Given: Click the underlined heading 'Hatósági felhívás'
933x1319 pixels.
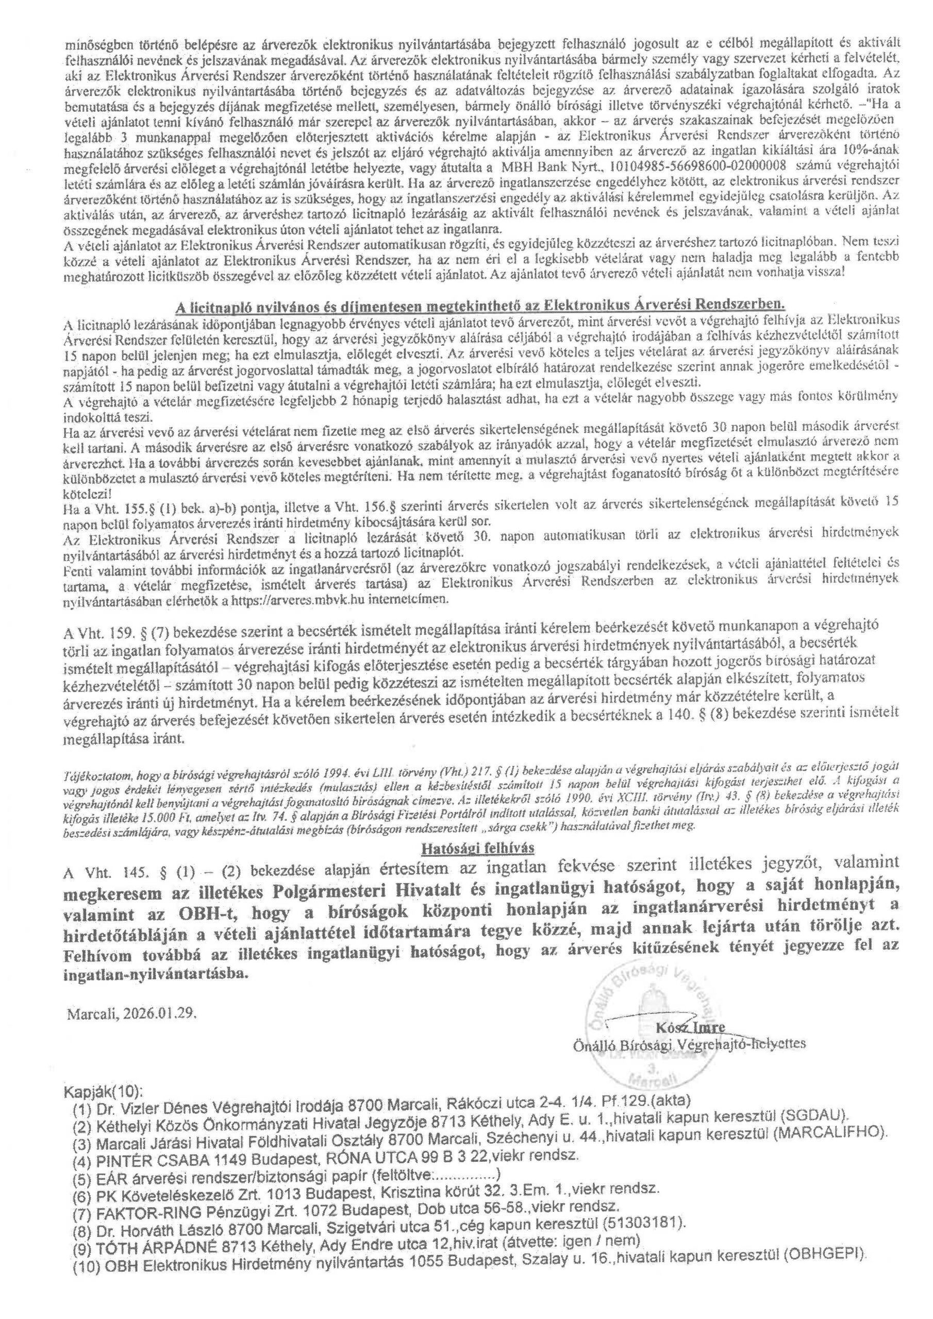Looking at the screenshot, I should click(466, 848).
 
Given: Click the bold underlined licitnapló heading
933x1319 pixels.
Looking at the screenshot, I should click(479, 304).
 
